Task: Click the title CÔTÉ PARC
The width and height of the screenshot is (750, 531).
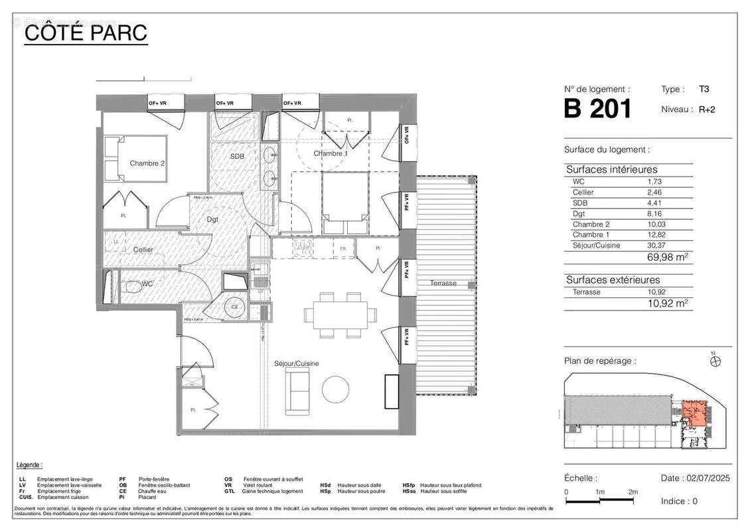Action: (x=86, y=32)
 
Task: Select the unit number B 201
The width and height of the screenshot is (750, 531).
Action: (x=597, y=109)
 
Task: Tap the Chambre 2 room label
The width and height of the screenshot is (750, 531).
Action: (x=147, y=163)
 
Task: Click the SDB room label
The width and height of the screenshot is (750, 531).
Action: (x=237, y=157)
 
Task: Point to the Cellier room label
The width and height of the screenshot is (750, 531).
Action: (x=143, y=250)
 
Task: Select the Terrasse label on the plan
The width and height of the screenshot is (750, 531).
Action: (x=443, y=283)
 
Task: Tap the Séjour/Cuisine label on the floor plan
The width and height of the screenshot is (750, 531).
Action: (x=297, y=364)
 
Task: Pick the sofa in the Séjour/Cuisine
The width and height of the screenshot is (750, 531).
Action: (x=297, y=390)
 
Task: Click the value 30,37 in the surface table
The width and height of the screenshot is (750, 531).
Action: (x=656, y=245)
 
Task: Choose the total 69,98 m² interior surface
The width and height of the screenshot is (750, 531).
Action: (x=668, y=258)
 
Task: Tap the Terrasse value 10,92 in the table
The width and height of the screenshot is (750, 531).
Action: (x=656, y=291)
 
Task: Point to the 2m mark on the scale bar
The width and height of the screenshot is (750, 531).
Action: (x=633, y=492)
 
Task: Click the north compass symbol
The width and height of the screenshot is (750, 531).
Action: (x=715, y=362)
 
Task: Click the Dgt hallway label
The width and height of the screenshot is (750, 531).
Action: (x=212, y=219)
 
